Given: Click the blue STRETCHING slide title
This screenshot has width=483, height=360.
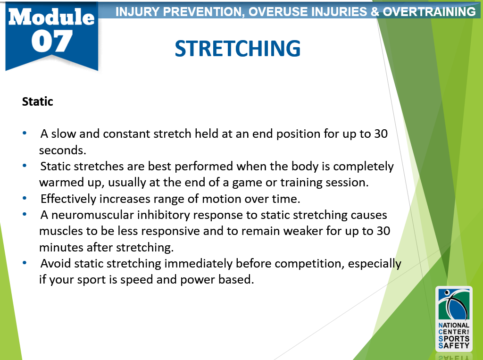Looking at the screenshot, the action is tap(238, 49).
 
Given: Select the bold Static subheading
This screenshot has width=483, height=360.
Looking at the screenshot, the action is tap(38, 101).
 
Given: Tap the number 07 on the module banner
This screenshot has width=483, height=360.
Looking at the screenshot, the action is tap(52, 42).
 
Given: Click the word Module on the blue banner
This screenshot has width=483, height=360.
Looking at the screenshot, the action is tap(51, 17).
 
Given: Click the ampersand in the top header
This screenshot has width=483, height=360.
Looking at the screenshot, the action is tap(375, 12).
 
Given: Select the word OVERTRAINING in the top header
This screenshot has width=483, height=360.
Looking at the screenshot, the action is tap(429, 12).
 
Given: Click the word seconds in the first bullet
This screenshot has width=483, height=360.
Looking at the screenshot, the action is tap(63, 151).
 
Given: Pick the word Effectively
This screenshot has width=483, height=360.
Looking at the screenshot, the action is tap(68, 199).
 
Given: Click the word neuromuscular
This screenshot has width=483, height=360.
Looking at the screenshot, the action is tap(92, 215).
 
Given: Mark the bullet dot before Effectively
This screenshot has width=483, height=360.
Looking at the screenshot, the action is tap(25, 198).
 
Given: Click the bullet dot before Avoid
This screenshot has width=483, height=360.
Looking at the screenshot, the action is tap(25, 263).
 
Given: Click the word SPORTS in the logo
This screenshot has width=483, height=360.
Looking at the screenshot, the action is tap(454, 339).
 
